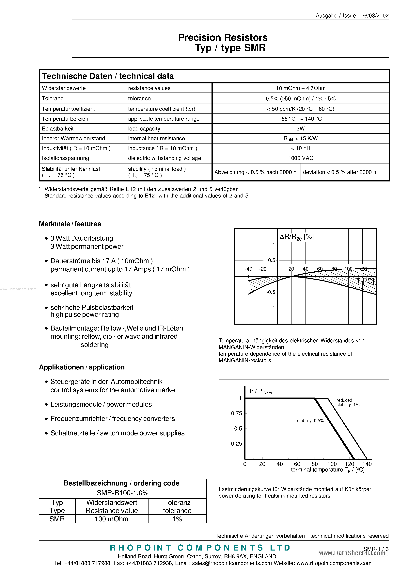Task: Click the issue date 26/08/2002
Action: [x=375, y=16]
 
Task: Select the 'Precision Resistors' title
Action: [x=223, y=38]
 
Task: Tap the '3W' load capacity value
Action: [x=300, y=129]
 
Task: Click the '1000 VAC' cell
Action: [x=301, y=158]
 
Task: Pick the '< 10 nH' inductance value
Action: [x=301, y=148]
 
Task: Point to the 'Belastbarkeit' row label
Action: [x=58, y=129]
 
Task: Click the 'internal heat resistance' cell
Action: [x=156, y=138]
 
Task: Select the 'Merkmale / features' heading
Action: [x=70, y=224]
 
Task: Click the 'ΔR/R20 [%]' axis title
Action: [x=297, y=237]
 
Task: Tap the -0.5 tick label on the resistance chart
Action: [x=271, y=292]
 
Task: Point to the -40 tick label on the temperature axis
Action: [x=248, y=269]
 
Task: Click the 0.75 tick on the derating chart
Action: [x=236, y=413]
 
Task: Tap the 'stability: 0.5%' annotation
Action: [x=310, y=421]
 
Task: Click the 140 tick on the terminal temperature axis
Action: [x=367, y=464]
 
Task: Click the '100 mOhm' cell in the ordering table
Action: [x=111, y=519]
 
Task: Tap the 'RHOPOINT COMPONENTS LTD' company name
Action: [x=200, y=548]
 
